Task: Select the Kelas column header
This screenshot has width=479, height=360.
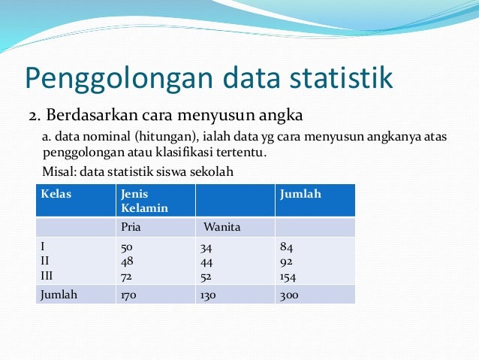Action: tap(56, 194)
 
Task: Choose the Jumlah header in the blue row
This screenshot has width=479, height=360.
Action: tap(300, 194)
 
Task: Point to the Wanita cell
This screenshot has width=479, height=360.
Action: tap(221, 226)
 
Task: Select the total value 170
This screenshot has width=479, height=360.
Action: tap(129, 295)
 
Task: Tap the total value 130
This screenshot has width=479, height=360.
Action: tap(208, 295)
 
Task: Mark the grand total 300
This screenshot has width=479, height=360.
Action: tap(288, 295)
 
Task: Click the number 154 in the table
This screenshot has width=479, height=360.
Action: tap(288, 276)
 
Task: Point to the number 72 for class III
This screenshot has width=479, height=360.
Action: tap(127, 276)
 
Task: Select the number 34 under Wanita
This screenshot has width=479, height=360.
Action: tap(206, 247)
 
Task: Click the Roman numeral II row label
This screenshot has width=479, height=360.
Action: tap(46, 262)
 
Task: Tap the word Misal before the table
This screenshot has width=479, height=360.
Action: tap(56, 171)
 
